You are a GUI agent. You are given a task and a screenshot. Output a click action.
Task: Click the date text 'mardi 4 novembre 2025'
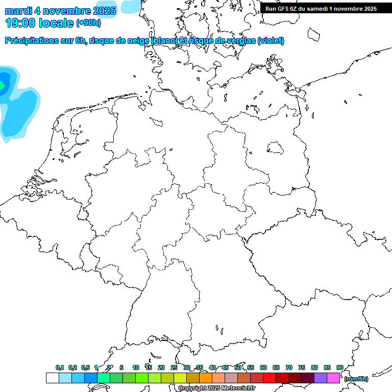pos(60,10)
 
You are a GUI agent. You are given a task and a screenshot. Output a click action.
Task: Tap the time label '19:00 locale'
pos(40,22)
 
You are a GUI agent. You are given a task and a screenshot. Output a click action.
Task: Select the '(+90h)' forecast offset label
pos(88,23)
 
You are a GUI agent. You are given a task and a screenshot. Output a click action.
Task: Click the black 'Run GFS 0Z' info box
pos(321,8)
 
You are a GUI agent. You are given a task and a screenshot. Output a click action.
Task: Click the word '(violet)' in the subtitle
pos(271,41)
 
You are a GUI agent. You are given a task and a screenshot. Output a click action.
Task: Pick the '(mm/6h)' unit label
pos(356,379)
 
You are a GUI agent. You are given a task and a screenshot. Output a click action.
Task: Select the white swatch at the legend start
pos(52,378)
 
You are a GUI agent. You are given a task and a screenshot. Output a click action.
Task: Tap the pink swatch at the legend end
pos(333,378)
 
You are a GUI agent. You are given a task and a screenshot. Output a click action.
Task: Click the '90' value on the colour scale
pos(339,367)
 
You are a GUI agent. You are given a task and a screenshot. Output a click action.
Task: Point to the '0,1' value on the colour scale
pos(60,367)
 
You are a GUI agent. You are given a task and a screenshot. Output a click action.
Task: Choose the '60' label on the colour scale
pos(263,367)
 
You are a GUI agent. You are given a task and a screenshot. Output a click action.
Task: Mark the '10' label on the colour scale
pos(136,367)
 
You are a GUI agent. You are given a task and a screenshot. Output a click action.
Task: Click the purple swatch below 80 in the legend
pos(321,378)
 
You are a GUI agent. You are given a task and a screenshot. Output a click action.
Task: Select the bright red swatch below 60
pos(269,378)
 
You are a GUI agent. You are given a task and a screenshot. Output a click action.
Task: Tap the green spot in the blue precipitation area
pos(2,86)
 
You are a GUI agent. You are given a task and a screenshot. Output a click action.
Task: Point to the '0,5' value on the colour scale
pos(85,367)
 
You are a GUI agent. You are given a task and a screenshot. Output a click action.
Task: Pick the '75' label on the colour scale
pos(302,367)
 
